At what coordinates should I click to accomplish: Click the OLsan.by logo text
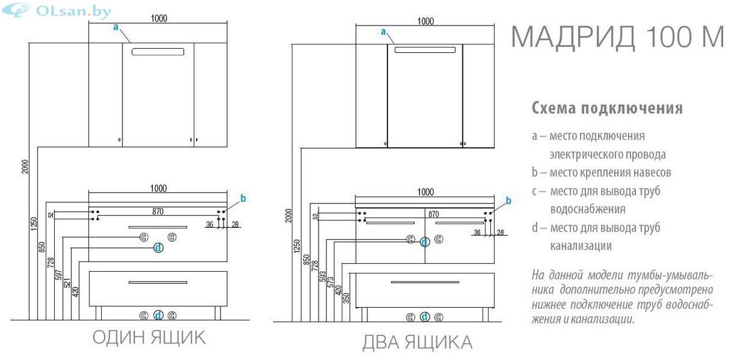pyautogui.click(x=74, y=12)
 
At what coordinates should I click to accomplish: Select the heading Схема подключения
pyautogui.click(x=607, y=108)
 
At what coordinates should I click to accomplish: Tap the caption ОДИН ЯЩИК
pyautogui.click(x=149, y=337)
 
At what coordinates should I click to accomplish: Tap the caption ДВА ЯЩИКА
pyautogui.click(x=417, y=342)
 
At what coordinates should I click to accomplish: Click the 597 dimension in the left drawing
pyautogui.click(x=58, y=275)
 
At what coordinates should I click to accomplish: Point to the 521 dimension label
pyautogui.click(x=67, y=283)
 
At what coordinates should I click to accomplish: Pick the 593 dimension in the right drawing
pyautogui.click(x=322, y=277)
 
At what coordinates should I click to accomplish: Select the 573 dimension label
pyautogui.click(x=330, y=282)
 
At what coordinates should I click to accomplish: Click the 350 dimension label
pyautogui.click(x=346, y=298)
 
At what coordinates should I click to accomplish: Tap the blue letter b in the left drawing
pyautogui.click(x=243, y=198)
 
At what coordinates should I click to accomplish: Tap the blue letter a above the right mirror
pyautogui.click(x=383, y=32)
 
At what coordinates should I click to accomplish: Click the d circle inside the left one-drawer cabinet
pyautogui.click(x=158, y=248)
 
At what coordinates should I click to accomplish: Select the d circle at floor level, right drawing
pyautogui.click(x=425, y=317)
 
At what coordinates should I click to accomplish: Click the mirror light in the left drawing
pyautogui.click(x=158, y=52)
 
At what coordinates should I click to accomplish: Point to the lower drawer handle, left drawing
pyautogui.click(x=158, y=282)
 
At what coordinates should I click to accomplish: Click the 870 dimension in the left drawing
pyautogui.click(x=158, y=211)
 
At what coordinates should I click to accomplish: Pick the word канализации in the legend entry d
pyautogui.click(x=581, y=246)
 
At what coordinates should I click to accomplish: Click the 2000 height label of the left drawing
pyautogui.click(x=25, y=166)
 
